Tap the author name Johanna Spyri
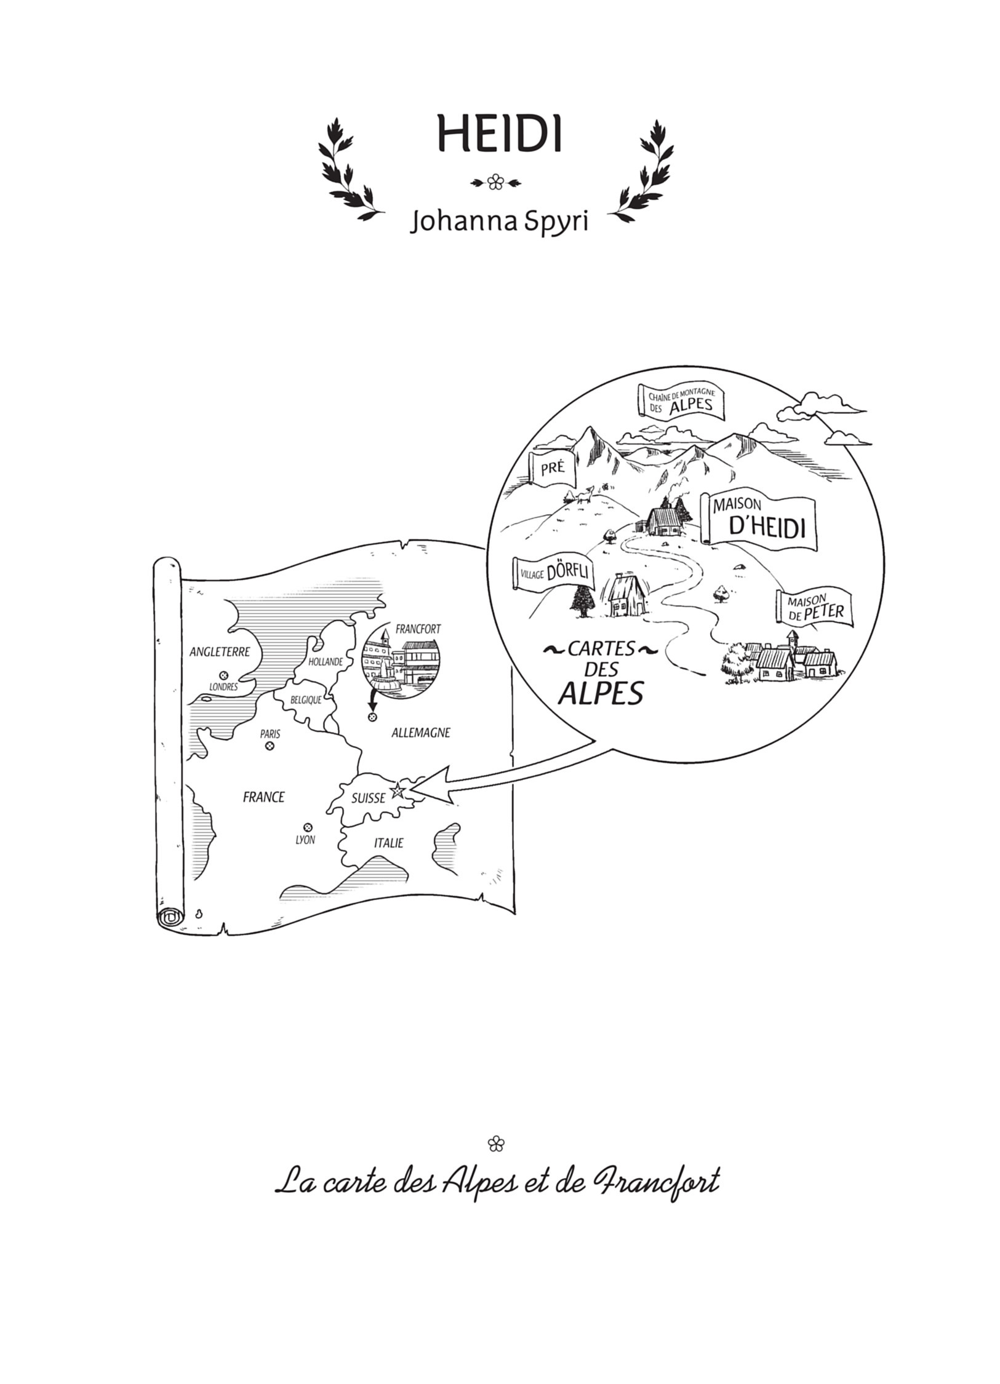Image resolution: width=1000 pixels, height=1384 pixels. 500,223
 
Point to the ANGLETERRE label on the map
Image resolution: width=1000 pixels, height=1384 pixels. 220,651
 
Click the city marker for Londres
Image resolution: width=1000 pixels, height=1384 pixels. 223,674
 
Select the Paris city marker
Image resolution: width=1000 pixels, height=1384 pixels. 269,746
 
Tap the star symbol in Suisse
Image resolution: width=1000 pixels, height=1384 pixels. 398,789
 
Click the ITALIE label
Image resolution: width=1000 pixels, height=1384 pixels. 389,843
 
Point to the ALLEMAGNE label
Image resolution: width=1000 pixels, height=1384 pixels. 421,733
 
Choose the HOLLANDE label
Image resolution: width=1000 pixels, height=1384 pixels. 326,662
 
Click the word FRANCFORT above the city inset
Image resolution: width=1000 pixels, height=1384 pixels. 418,629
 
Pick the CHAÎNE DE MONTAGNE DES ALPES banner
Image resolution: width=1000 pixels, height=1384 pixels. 682,402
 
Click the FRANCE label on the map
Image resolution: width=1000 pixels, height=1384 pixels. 264,797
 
